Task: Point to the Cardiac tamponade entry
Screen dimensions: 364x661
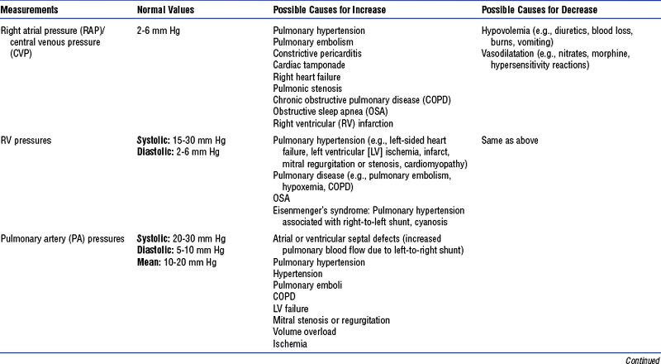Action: tap(307, 65)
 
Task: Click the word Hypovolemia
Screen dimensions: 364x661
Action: tap(506, 31)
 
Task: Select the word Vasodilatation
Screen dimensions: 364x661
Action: tap(508, 54)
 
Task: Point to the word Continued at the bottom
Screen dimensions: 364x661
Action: tap(642, 359)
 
